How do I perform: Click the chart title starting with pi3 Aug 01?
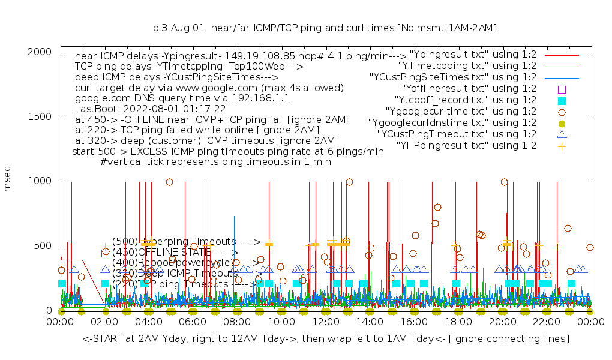coord(325,28)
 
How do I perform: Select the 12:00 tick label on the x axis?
coord(325,323)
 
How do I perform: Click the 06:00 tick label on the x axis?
coord(193,323)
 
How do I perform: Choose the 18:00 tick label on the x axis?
coord(458,323)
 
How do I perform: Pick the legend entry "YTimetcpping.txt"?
coord(467,66)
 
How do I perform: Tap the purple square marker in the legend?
coord(562,89)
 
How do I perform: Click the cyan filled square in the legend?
coord(562,100)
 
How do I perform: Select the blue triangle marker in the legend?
coord(562,134)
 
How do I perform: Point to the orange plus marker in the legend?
coord(562,146)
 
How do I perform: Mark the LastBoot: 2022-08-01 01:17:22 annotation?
coord(150,109)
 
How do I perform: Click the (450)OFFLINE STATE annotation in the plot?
coord(174,253)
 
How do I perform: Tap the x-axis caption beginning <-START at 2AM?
coord(325,340)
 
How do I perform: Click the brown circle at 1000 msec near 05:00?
coord(170,182)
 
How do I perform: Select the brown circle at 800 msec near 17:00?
coord(437,208)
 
